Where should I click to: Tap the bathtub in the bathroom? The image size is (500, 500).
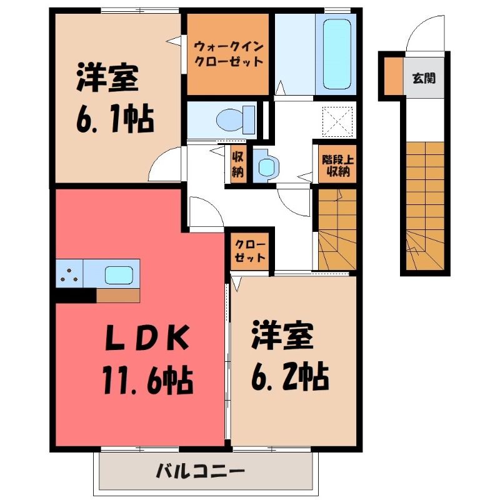pyautogui.click(x=337, y=54)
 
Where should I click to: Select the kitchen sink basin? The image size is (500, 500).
pyautogui.click(x=119, y=275)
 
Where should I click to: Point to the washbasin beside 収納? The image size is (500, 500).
pyautogui.click(x=266, y=165)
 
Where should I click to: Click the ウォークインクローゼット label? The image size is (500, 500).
pyautogui.click(x=228, y=54)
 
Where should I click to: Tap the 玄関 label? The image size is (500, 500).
pyautogui.click(x=424, y=77)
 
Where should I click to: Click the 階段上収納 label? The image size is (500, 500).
pyautogui.click(x=337, y=166)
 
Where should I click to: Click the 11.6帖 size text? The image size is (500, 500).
pyautogui.click(x=147, y=379)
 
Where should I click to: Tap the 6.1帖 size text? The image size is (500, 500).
pyautogui.click(x=115, y=119)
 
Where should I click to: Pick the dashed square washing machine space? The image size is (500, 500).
pyautogui.click(x=337, y=122)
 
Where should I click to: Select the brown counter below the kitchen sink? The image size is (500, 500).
pyautogui.click(x=118, y=295)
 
